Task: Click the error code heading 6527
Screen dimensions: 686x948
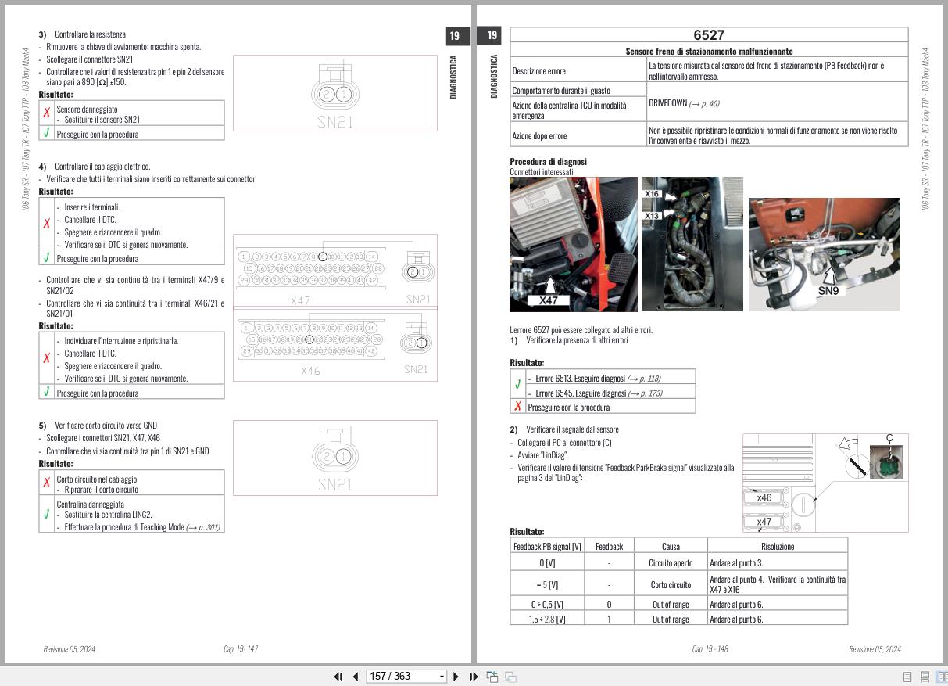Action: click(709, 35)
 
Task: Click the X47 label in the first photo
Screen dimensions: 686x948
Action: click(548, 300)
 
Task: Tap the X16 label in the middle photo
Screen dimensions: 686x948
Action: click(652, 194)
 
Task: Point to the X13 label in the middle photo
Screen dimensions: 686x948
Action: click(652, 215)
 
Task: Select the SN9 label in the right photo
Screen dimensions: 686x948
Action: click(828, 290)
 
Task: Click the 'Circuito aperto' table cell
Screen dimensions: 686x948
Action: click(671, 562)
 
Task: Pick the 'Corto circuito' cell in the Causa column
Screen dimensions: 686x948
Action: click(671, 584)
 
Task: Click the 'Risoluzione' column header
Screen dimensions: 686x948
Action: click(777, 547)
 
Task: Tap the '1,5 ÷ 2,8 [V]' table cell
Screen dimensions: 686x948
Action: click(547, 619)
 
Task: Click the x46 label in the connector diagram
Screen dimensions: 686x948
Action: click(764, 497)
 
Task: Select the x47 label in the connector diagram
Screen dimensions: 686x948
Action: click(764, 522)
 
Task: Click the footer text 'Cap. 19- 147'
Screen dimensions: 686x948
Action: click(241, 648)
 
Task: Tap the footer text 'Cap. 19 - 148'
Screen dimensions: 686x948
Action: click(710, 648)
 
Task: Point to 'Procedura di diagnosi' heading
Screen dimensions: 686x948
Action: click(548, 162)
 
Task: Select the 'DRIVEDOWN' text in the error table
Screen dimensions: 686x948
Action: click(667, 103)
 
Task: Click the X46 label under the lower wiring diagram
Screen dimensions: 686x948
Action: click(310, 371)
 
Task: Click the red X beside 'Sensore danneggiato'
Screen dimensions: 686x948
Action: click(47, 113)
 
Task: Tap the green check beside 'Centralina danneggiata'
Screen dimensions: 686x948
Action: click(47, 514)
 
